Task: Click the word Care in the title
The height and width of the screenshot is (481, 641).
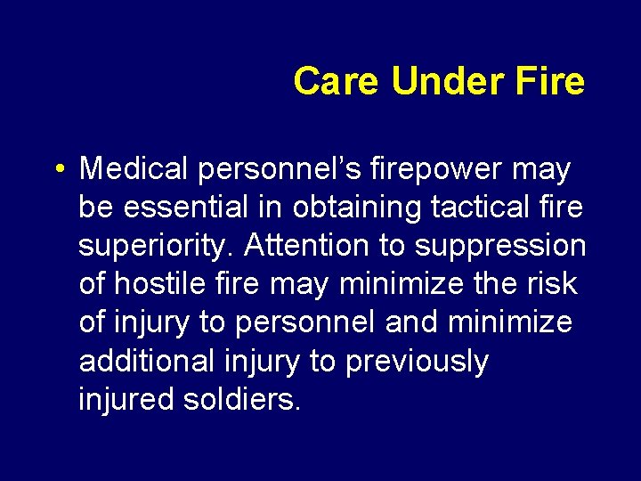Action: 337,81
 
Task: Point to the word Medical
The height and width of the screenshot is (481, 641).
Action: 133,168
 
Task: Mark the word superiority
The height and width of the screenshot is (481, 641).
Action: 158,246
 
